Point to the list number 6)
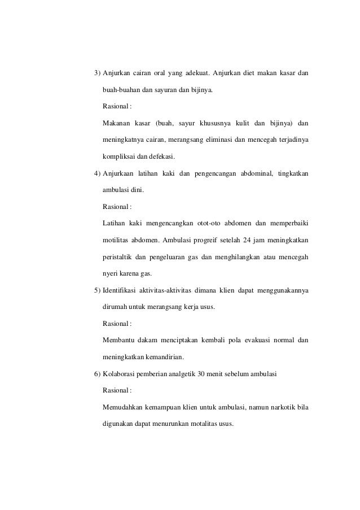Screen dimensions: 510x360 [x=97, y=374]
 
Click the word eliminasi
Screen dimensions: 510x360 [x=217, y=139]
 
